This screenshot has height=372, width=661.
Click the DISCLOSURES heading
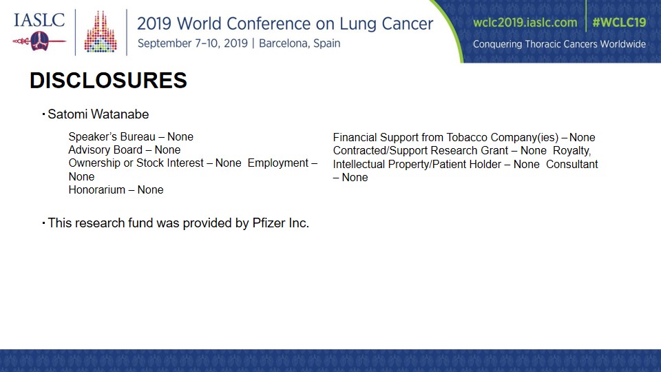[x=108, y=80]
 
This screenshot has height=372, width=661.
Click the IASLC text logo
[x=39, y=20]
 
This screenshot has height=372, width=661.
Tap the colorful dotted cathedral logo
[x=101, y=32]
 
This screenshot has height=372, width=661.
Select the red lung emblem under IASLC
[x=39, y=41]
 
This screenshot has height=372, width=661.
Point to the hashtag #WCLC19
[x=619, y=22]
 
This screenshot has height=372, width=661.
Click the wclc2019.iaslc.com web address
[x=525, y=22]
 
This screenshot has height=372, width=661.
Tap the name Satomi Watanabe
[x=98, y=114]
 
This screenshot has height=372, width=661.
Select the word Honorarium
[x=97, y=190]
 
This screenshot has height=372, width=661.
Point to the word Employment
[x=278, y=163]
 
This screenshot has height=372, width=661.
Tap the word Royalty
[x=571, y=151]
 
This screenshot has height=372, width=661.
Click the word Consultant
[x=572, y=164]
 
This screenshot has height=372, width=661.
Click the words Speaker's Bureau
[x=112, y=136]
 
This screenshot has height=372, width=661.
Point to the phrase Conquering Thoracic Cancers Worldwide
[x=559, y=44]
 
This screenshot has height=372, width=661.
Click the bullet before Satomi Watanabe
[x=43, y=114]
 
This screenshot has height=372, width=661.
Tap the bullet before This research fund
[x=43, y=223]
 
